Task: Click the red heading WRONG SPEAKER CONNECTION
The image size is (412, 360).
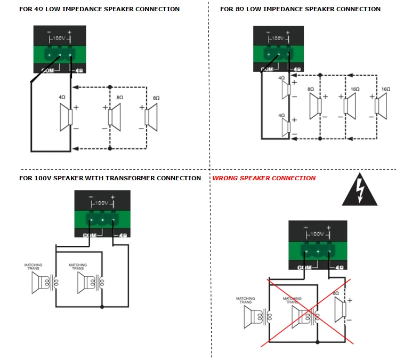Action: (264, 178)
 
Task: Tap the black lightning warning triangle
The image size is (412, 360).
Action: (359, 192)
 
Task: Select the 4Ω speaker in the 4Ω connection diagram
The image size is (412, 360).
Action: (66, 117)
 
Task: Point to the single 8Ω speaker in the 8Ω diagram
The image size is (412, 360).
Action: (315, 106)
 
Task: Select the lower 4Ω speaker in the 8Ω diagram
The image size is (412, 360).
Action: (285, 127)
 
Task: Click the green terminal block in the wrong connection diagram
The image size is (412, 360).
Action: (318, 249)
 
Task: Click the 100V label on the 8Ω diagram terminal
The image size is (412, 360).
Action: (277, 38)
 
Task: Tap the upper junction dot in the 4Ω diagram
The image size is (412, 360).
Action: (110, 87)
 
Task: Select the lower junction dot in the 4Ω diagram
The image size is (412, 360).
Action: (110, 148)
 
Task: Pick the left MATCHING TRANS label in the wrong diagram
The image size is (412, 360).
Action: (245, 300)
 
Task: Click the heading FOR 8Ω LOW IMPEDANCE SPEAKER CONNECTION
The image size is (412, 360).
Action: (300, 9)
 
